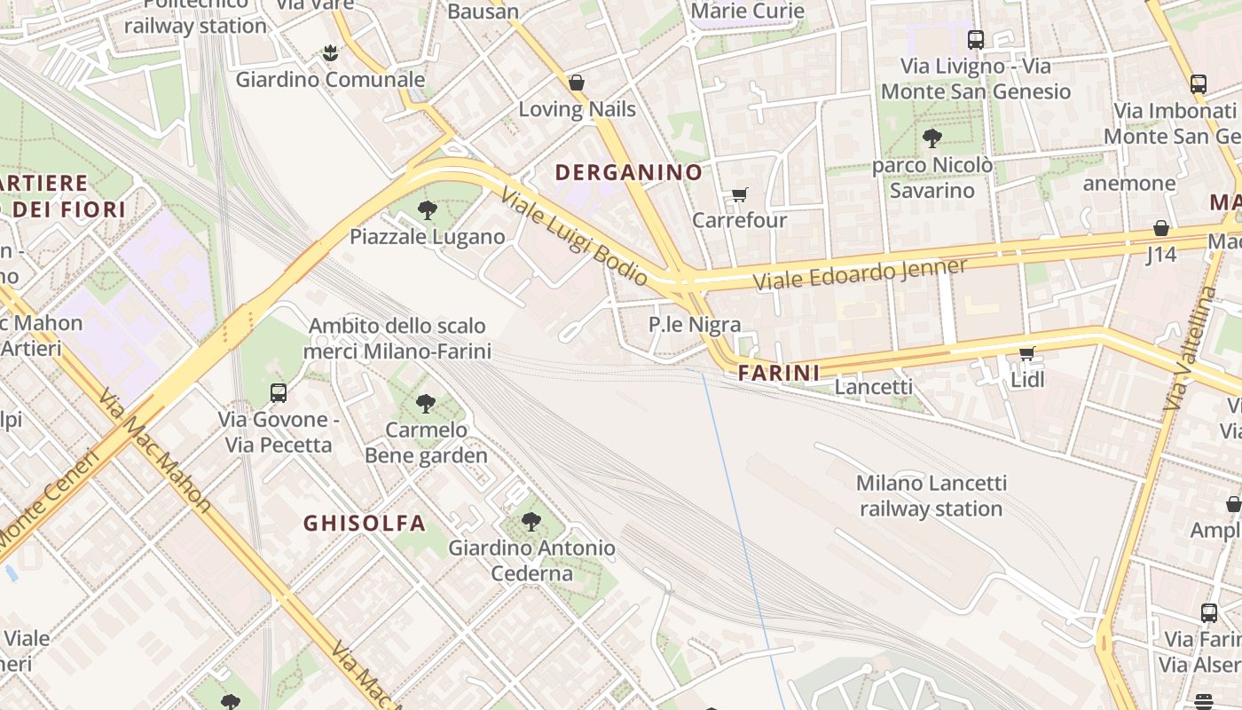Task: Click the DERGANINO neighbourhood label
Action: (x=628, y=172)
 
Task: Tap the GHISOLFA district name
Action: (x=365, y=523)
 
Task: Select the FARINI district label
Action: (x=779, y=374)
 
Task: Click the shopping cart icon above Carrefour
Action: (x=739, y=194)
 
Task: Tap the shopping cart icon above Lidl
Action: (x=1027, y=354)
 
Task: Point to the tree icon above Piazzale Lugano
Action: (x=428, y=210)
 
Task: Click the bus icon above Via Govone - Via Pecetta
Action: (x=279, y=392)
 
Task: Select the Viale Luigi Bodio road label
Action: (x=574, y=237)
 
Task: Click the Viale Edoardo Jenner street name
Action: (x=860, y=273)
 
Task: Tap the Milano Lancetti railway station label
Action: (x=931, y=496)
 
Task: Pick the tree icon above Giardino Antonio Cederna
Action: (x=531, y=522)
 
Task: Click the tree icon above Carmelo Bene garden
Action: (x=426, y=404)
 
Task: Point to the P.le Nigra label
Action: (x=694, y=325)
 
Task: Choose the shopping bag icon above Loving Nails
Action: (x=577, y=83)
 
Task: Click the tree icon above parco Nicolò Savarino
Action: (x=931, y=138)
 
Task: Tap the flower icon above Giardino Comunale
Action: (x=330, y=53)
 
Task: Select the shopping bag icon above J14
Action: (x=1160, y=228)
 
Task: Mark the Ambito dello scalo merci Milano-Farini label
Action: (x=397, y=338)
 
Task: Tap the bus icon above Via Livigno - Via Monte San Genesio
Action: (x=976, y=39)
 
